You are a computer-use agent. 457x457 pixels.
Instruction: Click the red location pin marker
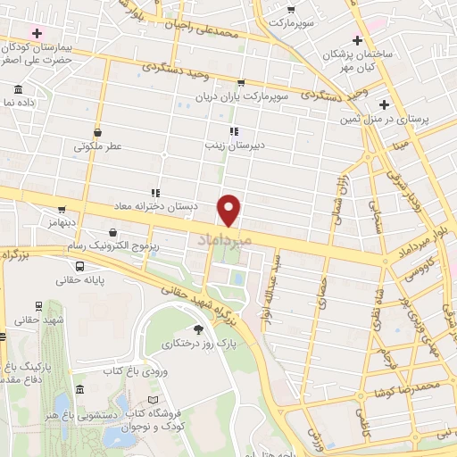230,209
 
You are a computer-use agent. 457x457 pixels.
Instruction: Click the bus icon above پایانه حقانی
81,266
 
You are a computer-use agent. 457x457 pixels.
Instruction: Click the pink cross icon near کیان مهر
358,41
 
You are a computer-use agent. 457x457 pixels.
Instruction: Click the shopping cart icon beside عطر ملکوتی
96,132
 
